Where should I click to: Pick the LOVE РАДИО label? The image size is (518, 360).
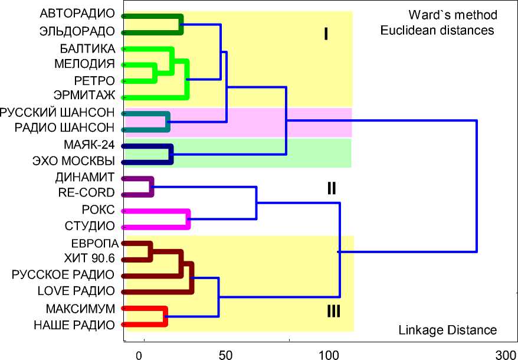click(x=76, y=290)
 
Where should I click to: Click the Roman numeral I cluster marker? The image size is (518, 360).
click(x=325, y=34)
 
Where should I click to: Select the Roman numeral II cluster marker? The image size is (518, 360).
click(x=332, y=188)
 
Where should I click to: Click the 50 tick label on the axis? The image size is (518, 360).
click(x=225, y=355)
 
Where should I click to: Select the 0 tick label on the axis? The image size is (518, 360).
click(x=139, y=355)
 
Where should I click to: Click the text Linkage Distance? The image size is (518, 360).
click(x=448, y=330)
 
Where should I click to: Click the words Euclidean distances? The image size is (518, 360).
click(x=437, y=30)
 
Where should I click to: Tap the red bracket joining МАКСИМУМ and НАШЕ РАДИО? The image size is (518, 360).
click(x=165, y=316)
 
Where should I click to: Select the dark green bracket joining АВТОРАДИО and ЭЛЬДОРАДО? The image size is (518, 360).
click(x=180, y=24)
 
